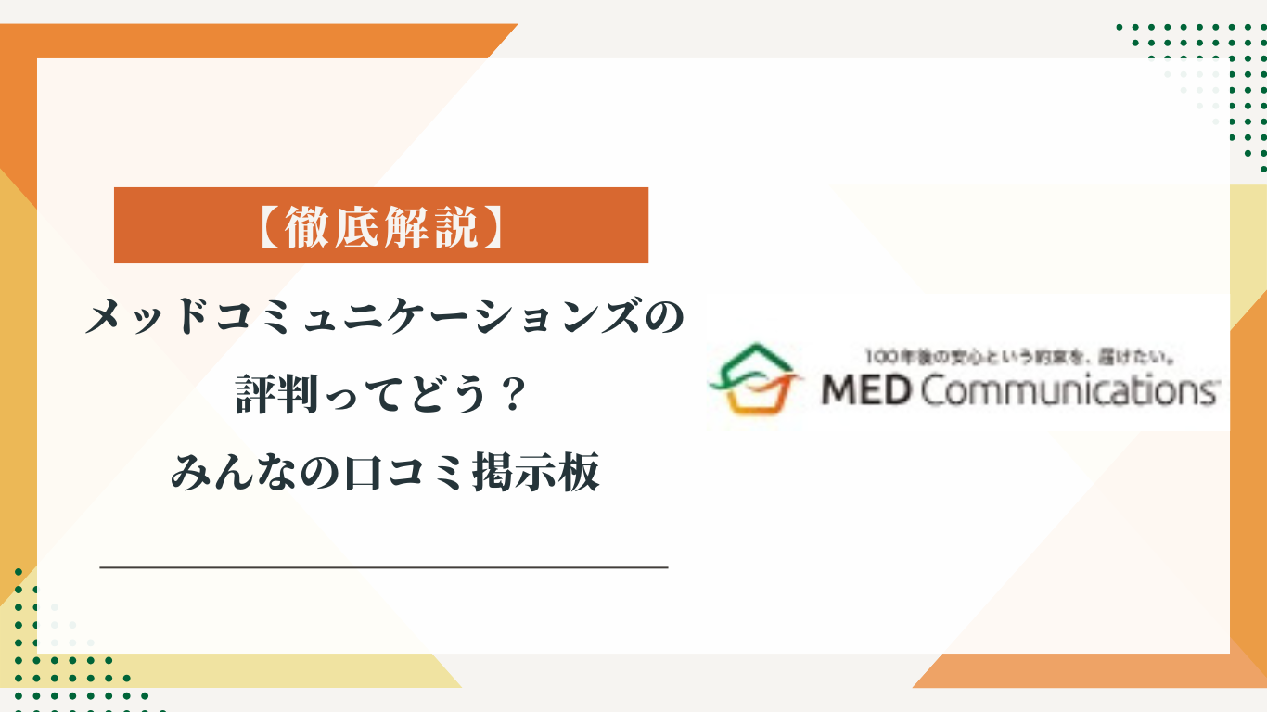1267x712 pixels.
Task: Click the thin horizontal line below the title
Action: coord(383,566)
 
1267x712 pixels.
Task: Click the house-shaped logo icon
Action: coord(752,379)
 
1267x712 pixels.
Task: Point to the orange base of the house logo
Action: coord(752,401)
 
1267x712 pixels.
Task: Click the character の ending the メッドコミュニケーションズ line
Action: coord(667,321)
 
